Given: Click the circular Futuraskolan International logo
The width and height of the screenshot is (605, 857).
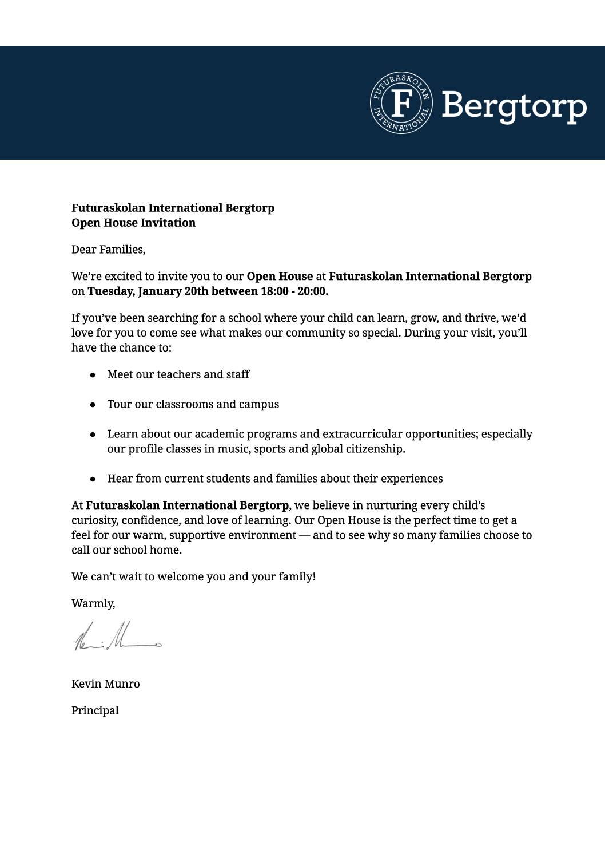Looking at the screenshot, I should coord(401,103).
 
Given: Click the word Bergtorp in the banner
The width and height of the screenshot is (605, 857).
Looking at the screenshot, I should coord(514,106).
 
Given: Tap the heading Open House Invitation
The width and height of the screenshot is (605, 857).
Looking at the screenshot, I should coord(133,223).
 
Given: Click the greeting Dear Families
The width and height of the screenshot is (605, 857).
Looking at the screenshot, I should coord(108,250).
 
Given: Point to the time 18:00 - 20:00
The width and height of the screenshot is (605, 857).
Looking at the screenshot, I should coord(294,291).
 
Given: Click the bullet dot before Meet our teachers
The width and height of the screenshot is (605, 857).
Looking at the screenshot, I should coord(93,375).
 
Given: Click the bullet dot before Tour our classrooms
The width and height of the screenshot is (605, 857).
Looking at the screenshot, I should coord(93,405).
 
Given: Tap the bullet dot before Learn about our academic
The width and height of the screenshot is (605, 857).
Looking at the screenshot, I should coord(93,435).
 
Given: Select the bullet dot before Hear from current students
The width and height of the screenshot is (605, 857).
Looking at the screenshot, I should coord(93,479).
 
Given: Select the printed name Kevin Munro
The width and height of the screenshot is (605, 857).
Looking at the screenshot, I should coord(105,684).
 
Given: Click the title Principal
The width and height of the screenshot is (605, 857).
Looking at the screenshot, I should coord(95,710).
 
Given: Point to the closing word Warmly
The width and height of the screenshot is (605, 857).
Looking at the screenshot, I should coord(93,603).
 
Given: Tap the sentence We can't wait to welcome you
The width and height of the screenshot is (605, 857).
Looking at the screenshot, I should coord(193,576).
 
